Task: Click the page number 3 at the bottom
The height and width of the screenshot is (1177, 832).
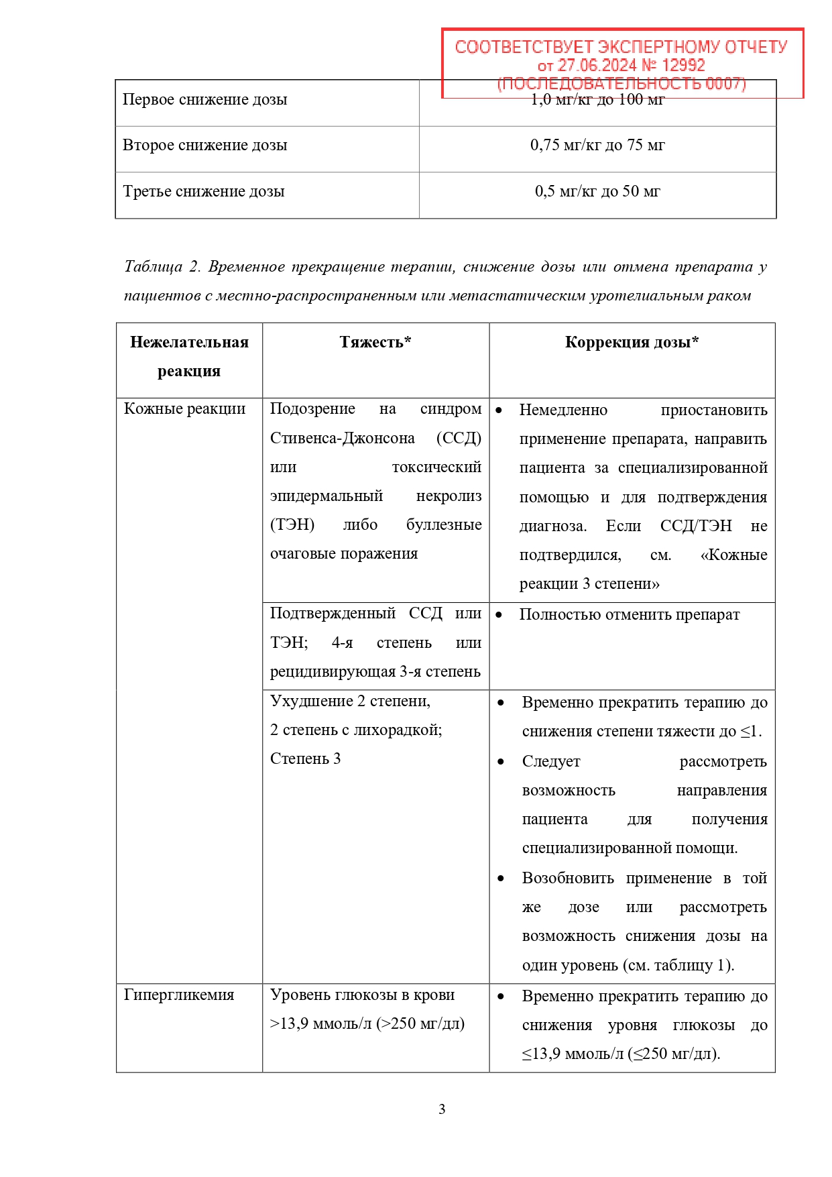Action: click(x=442, y=1109)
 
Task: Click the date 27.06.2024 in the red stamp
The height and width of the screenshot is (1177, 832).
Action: click(x=597, y=65)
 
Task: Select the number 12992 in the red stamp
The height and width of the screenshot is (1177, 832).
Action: click(x=683, y=65)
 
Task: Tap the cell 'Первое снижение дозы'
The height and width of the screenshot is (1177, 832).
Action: click(x=204, y=100)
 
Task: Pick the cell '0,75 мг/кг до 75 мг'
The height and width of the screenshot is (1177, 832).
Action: click(x=597, y=146)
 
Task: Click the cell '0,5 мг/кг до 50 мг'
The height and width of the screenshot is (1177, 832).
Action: click(x=597, y=192)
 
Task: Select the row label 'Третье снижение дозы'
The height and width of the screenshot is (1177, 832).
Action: click(x=204, y=192)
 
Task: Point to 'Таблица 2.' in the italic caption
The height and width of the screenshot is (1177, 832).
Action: click(x=162, y=267)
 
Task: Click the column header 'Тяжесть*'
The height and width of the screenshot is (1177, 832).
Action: click(x=375, y=343)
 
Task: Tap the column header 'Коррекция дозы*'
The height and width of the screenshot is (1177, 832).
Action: click(x=632, y=343)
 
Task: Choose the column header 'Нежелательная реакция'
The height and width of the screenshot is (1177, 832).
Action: click(x=189, y=356)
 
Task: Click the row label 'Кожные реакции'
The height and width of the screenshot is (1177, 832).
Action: click(x=184, y=409)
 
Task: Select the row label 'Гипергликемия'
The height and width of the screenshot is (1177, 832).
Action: click(x=179, y=995)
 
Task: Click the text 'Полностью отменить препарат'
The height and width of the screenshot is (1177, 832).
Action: click(x=629, y=615)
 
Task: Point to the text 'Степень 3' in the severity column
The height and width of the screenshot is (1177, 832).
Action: click(x=305, y=759)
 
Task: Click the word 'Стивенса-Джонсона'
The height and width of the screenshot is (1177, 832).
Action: click(x=342, y=439)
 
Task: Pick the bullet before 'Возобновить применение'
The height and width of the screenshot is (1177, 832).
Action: click(x=501, y=879)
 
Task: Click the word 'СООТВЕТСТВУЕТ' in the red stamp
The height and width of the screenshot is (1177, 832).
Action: click(x=524, y=47)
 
